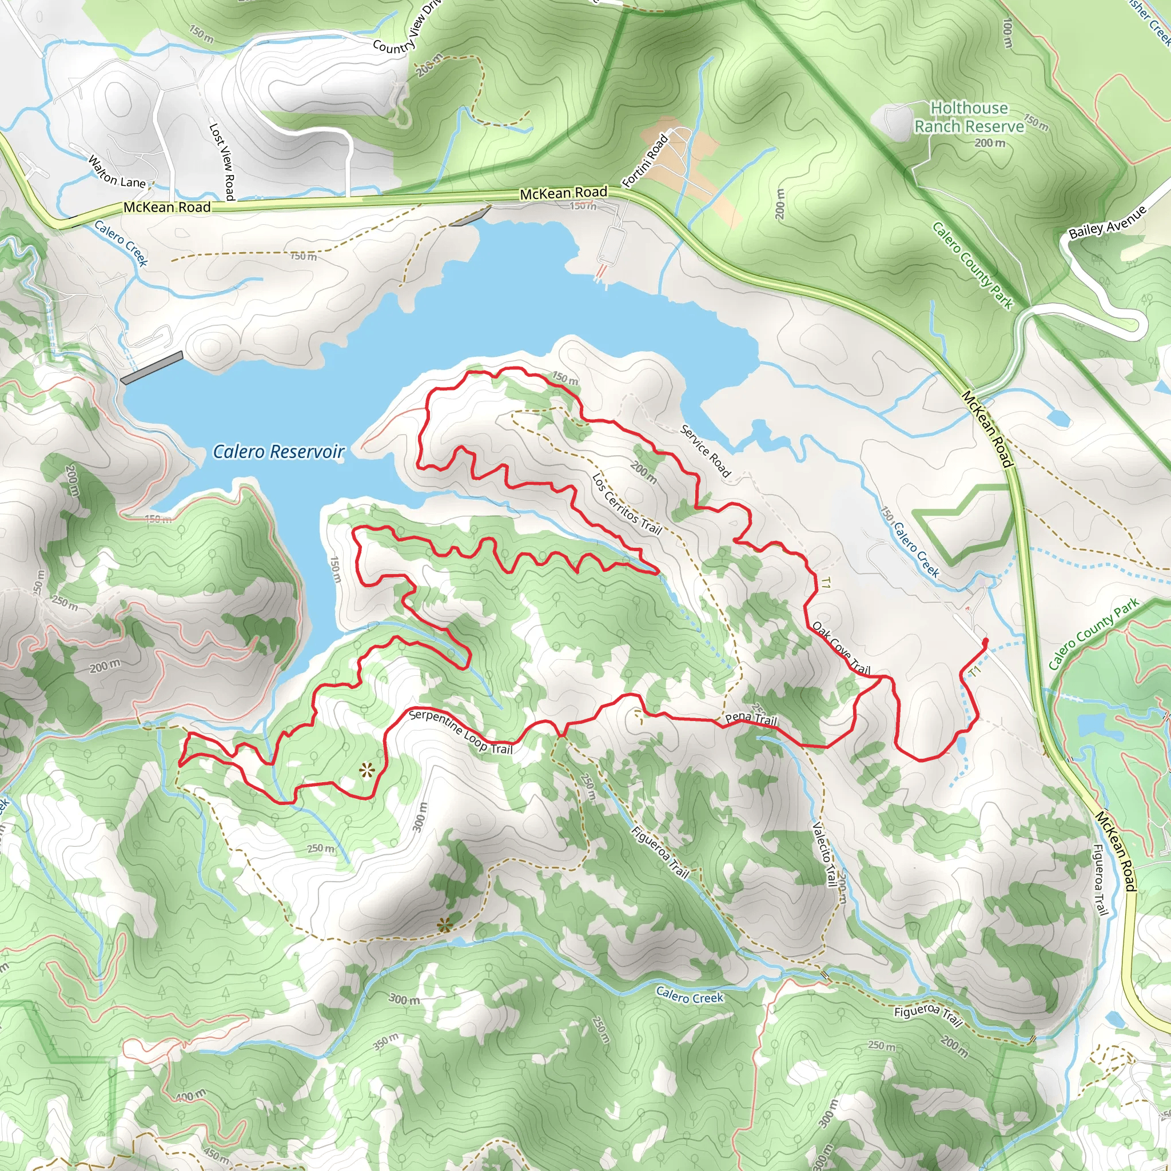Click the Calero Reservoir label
[279, 452]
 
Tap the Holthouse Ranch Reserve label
[969, 117]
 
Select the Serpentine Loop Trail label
[461, 731]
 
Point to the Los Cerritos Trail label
[626, 504]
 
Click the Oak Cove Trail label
[841, 648]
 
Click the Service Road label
[705, 451]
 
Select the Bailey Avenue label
[1108, 222]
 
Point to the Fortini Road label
[646, 160]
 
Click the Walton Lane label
[117, 172]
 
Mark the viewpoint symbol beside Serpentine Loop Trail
[367, 771]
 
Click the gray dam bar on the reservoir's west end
[152, 367]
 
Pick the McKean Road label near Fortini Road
[563, 193]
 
